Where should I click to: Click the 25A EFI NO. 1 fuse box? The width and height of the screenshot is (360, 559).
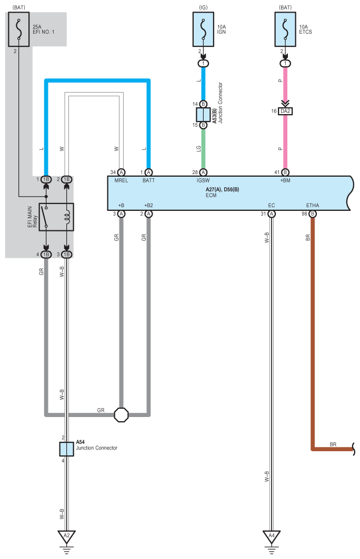(x=18, y=29)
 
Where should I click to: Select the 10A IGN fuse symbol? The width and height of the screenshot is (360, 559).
(x=203, y=29)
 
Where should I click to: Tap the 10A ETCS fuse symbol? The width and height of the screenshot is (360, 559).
(x=285, y=29)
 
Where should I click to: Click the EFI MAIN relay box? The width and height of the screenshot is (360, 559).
(x=56, y=217)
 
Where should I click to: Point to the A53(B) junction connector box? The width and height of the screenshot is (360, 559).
(x=203, y=115)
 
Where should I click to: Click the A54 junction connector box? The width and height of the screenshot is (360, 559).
(x=66, y=449)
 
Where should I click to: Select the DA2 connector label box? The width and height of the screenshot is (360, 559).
(x=285, y=111)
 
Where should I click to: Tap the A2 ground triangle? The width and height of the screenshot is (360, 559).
(x=66, y=536)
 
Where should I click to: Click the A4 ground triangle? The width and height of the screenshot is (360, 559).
(x=272, y=536)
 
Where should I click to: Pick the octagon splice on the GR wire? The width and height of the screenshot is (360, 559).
(x=121, y=414)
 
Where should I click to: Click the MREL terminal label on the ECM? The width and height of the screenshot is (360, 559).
(x=121, y=180)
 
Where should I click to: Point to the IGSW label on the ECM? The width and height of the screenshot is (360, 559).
(x=203, y=180)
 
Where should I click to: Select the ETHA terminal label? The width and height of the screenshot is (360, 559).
(x=313, y=205)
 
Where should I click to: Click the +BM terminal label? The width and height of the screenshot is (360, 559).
(x=285, y=180)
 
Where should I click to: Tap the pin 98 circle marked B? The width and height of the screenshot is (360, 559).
(x=313, y=214)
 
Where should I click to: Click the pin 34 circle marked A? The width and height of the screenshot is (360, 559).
(x=121, y=172)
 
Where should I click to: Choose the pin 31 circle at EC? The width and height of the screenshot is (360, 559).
(x=272, y=214)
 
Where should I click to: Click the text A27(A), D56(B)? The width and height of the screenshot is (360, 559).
(x=222, y=190)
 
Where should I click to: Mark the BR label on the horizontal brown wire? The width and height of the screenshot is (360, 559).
(x=333, y=444)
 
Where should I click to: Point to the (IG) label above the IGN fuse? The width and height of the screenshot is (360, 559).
(x=203, y=7)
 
